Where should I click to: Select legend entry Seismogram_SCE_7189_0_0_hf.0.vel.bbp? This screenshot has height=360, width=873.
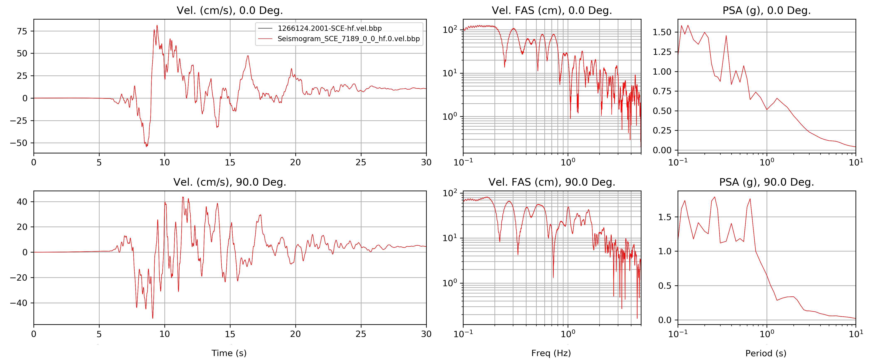348,39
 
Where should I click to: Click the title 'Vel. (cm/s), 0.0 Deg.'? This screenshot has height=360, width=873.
229,11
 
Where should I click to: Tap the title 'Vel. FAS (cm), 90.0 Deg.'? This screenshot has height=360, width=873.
551,182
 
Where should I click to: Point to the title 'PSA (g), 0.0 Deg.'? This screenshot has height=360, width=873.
766,11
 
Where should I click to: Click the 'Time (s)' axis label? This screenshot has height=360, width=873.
229,353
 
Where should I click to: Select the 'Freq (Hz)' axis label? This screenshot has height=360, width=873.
551,353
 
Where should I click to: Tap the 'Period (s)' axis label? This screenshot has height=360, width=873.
766,353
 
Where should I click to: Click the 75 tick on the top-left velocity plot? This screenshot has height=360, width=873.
22,31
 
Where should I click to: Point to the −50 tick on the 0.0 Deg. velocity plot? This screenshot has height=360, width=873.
19,143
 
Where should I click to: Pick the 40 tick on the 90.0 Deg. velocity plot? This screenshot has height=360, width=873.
22,202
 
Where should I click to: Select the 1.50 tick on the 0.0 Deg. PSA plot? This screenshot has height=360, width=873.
662,32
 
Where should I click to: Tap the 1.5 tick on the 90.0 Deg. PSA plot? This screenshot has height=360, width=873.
665,217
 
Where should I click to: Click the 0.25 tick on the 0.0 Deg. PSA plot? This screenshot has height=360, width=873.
662,131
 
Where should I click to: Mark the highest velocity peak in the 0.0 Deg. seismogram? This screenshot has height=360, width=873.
157,25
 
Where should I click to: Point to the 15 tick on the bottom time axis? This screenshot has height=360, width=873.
230,334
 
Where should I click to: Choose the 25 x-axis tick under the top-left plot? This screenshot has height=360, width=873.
361,162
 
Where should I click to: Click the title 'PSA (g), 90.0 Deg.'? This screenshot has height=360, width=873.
766,182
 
